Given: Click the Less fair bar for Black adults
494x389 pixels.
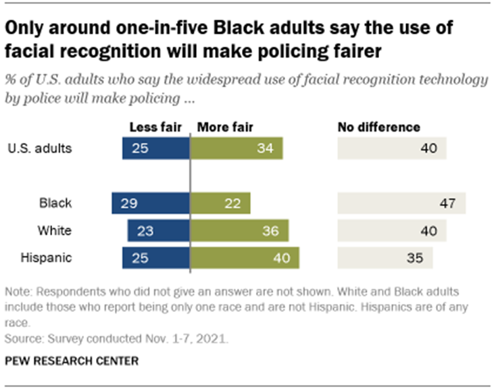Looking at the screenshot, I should tap(151, 203).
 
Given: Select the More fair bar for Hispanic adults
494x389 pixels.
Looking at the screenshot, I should tap(245, 258).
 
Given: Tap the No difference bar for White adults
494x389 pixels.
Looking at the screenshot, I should tap(392, 231).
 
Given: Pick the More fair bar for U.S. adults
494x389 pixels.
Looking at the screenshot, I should tap(237, 149).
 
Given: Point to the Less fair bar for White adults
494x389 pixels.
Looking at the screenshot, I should tap(158, 231).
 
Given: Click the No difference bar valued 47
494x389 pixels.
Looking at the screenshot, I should tap(401, 203).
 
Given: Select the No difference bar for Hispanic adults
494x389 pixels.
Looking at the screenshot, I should tap(385, 258).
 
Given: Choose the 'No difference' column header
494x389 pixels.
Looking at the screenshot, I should tap(378, 127).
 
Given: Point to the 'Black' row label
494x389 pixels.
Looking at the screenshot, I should tap(56, 203).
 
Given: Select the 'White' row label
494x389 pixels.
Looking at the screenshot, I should tap(55, 231).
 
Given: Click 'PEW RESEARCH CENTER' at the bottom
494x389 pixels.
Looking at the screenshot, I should tap(71, 361).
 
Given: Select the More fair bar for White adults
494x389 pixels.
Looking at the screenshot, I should tap(240, 231).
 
